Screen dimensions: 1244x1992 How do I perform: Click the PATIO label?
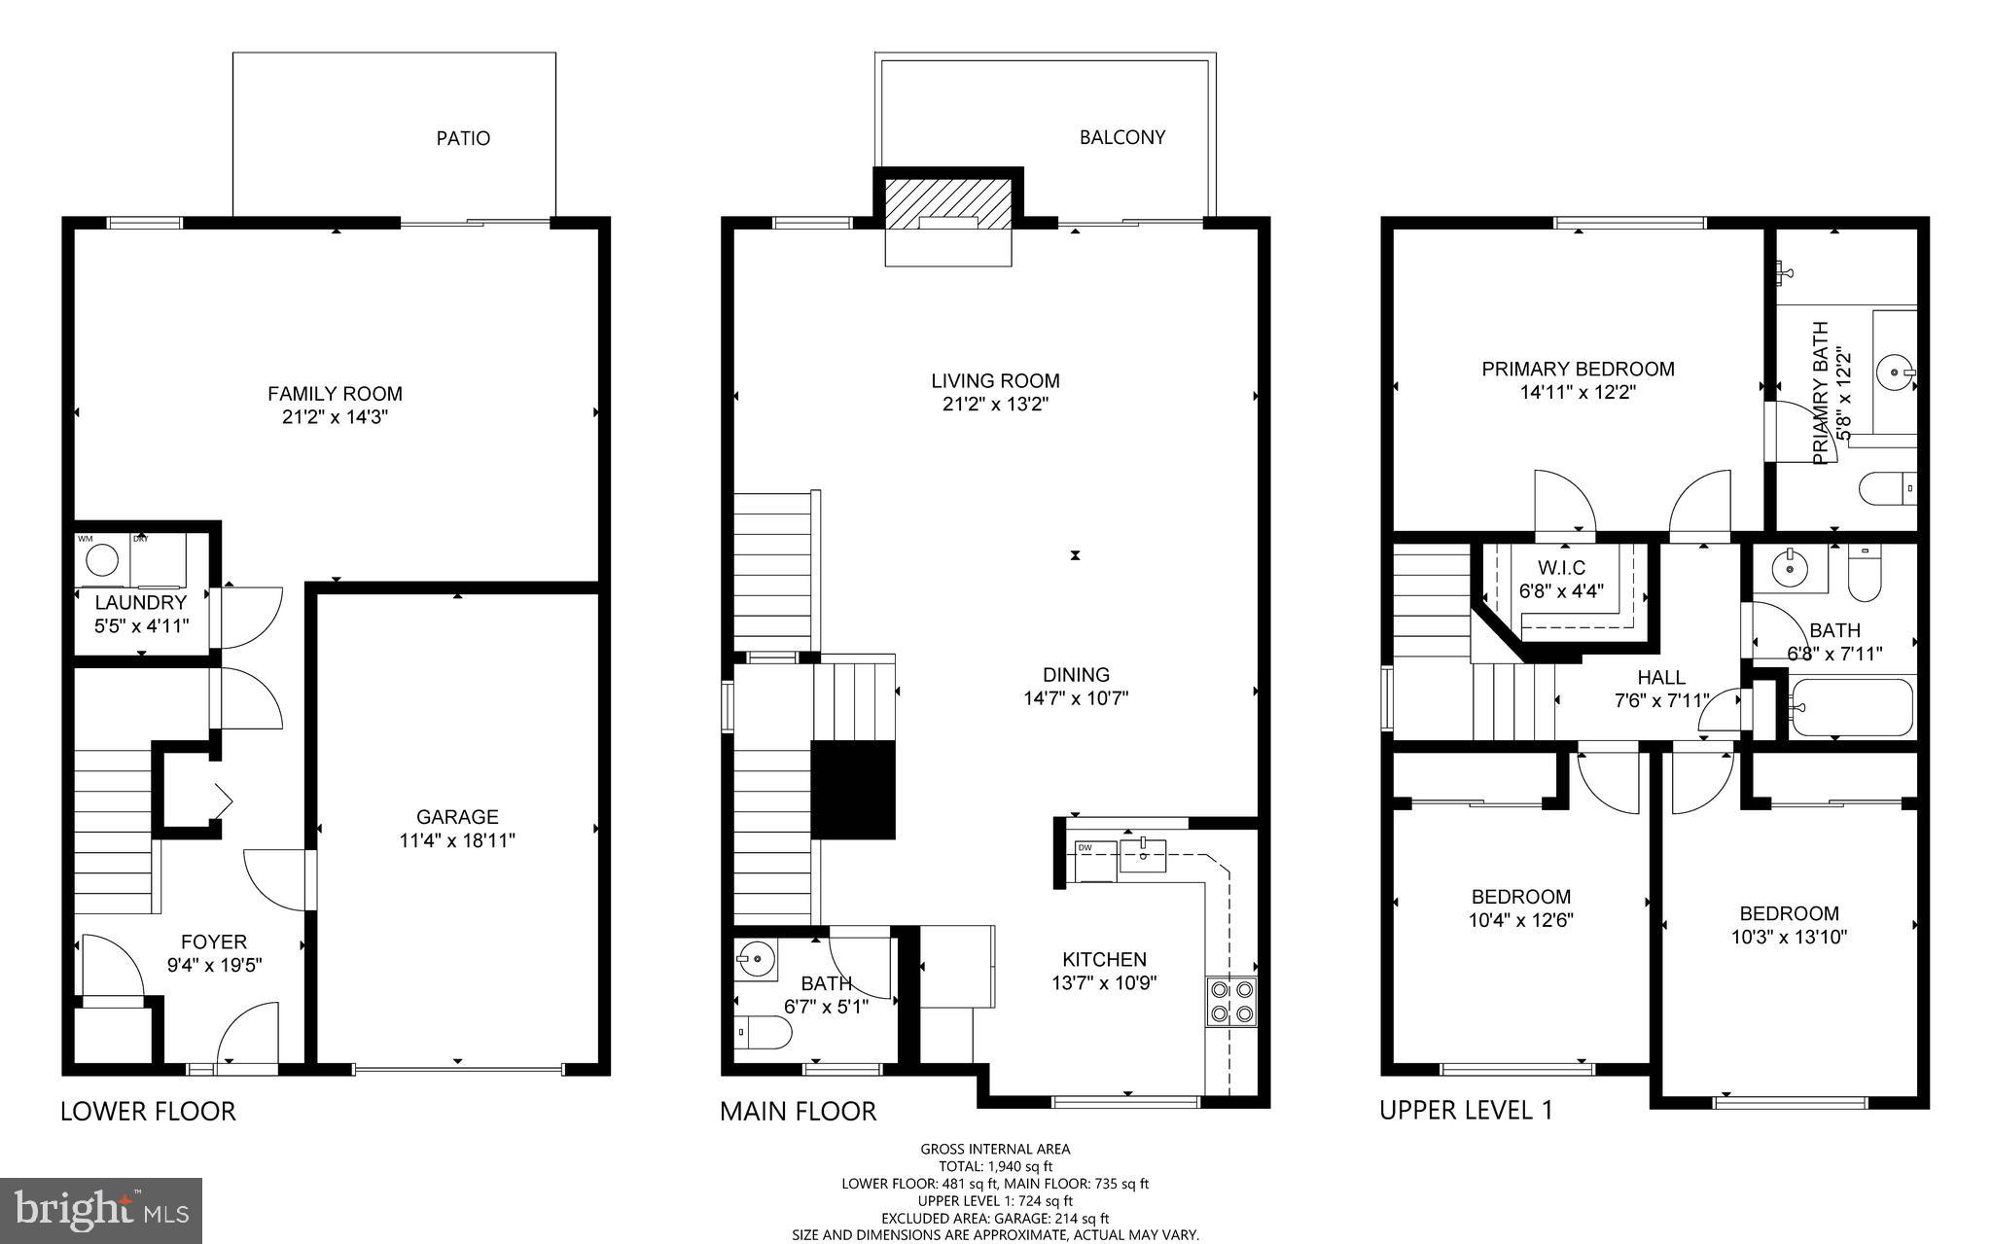tap(463, 138)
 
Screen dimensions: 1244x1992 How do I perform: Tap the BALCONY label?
tap(1121, 137)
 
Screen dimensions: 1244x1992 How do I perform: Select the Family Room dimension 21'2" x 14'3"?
tap(335, 417)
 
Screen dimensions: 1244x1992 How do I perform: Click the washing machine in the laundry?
tap(102, 560)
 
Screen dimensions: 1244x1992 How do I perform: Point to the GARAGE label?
tap(457, 817)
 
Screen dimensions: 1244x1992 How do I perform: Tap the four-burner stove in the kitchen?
tap(1230, 1002)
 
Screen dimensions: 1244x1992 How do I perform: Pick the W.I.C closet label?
tap(1561, 567)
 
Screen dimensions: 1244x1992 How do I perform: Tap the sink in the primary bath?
tap(1894, 372)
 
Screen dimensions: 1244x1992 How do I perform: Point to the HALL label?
tap(1660, 677)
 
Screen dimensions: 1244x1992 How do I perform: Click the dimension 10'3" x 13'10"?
tap(1789, 938)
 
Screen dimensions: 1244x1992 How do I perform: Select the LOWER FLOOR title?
tap(148, 1111)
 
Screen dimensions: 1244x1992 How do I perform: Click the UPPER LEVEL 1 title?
tap(1466, 1110)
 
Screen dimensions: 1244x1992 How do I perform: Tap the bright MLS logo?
tap(101, 1210)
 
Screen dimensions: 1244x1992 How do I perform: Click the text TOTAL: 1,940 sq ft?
tap(995, 1166)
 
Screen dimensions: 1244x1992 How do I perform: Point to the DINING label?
tap(1076, 674)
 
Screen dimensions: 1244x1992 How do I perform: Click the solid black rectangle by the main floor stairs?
tap(852, 789)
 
